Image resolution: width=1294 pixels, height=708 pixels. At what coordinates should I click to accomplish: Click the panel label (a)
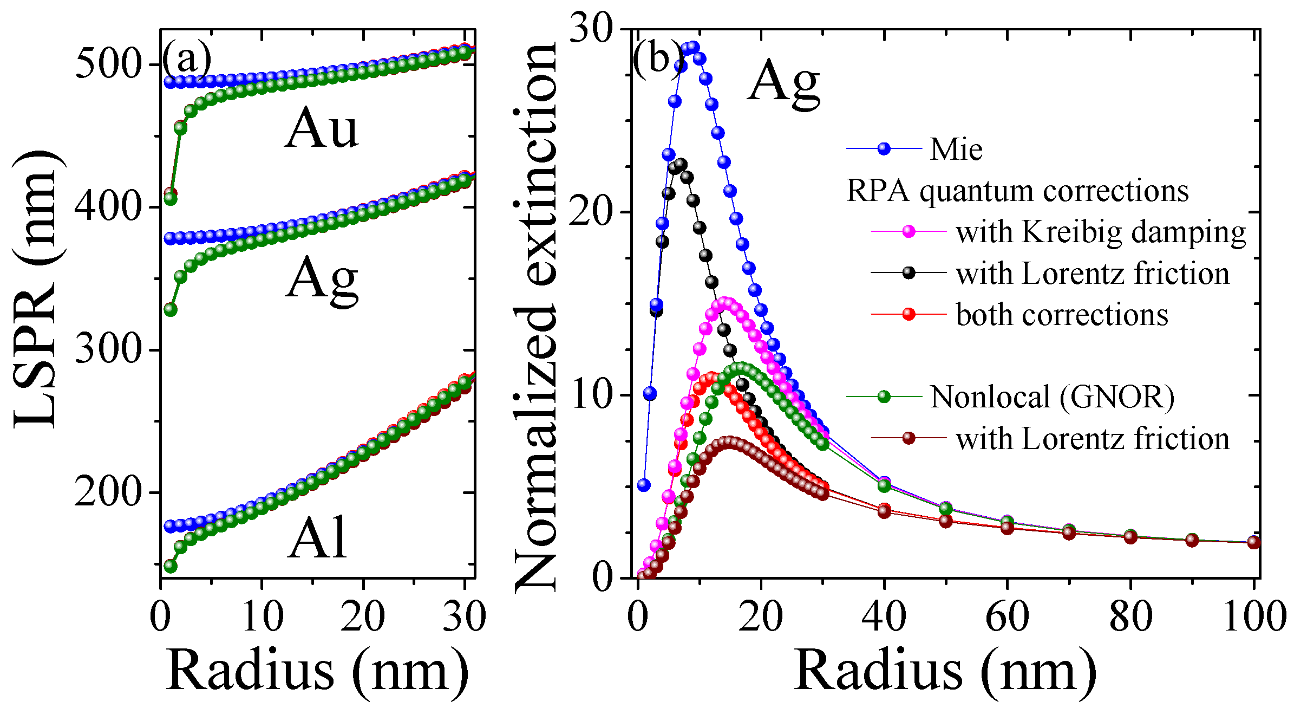click(187, 59)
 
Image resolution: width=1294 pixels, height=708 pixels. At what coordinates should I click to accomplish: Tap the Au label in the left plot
click(322, 128)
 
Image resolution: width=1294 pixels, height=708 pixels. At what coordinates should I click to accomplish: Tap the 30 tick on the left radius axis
click(464, 616)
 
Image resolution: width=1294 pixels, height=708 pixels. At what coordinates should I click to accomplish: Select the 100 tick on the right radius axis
click(1254, 616)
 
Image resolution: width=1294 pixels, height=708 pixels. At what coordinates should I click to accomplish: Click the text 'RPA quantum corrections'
click(1017, 191)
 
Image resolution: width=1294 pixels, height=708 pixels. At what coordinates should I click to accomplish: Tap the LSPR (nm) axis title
click(37, 290)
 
